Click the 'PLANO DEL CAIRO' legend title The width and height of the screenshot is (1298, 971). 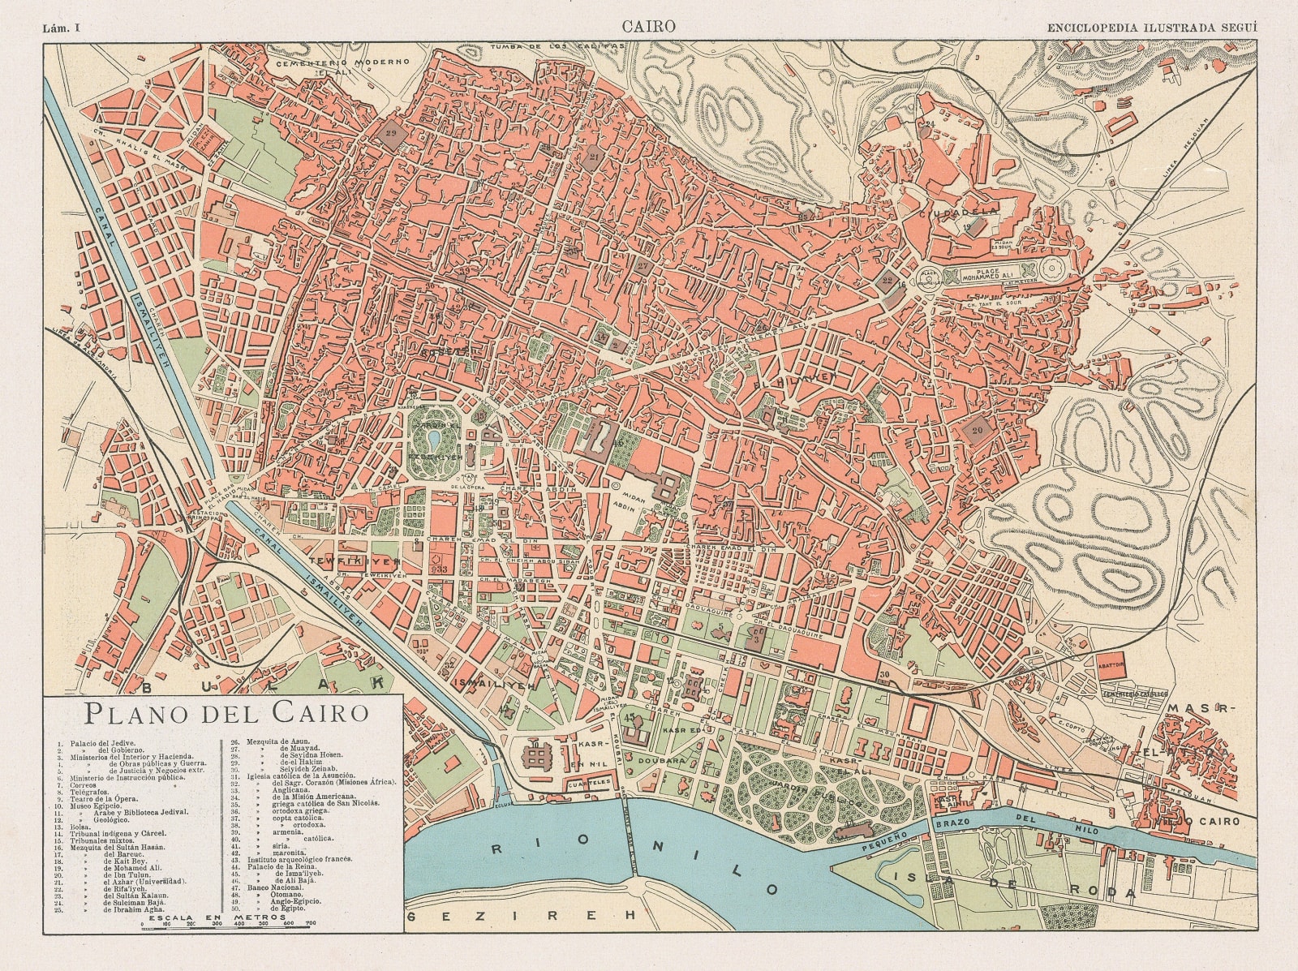226,714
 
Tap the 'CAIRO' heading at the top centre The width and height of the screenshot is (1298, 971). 648,27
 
